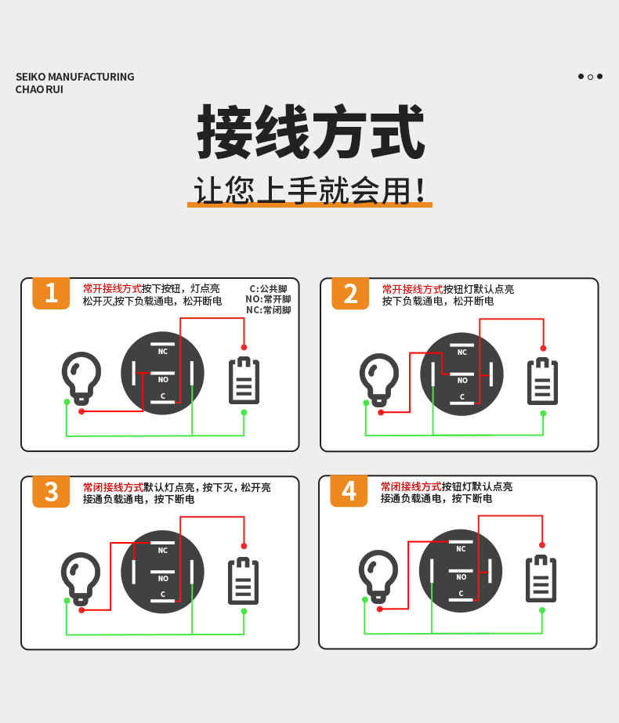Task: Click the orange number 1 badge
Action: (51, 293)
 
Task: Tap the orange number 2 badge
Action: (350, 293)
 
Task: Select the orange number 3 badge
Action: (51, 491)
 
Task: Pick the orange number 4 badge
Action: (349, 491)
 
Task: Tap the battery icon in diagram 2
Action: (542, 381)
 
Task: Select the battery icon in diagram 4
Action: (541, 580)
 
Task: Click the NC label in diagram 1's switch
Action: (163, 352)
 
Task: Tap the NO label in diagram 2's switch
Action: (462, 381)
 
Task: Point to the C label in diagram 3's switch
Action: (163, 594)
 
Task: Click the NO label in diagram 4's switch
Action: (461, 577)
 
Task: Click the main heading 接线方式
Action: (309, 134)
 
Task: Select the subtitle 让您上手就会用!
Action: (309, 190)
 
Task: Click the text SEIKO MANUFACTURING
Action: (75, 77)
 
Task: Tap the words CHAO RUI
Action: (39, 89)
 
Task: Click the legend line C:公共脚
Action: (269, 289)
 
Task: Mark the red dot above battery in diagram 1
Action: (244, 347)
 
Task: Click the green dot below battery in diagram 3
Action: (244, 611)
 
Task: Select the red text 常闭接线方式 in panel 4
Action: (411, 486)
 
